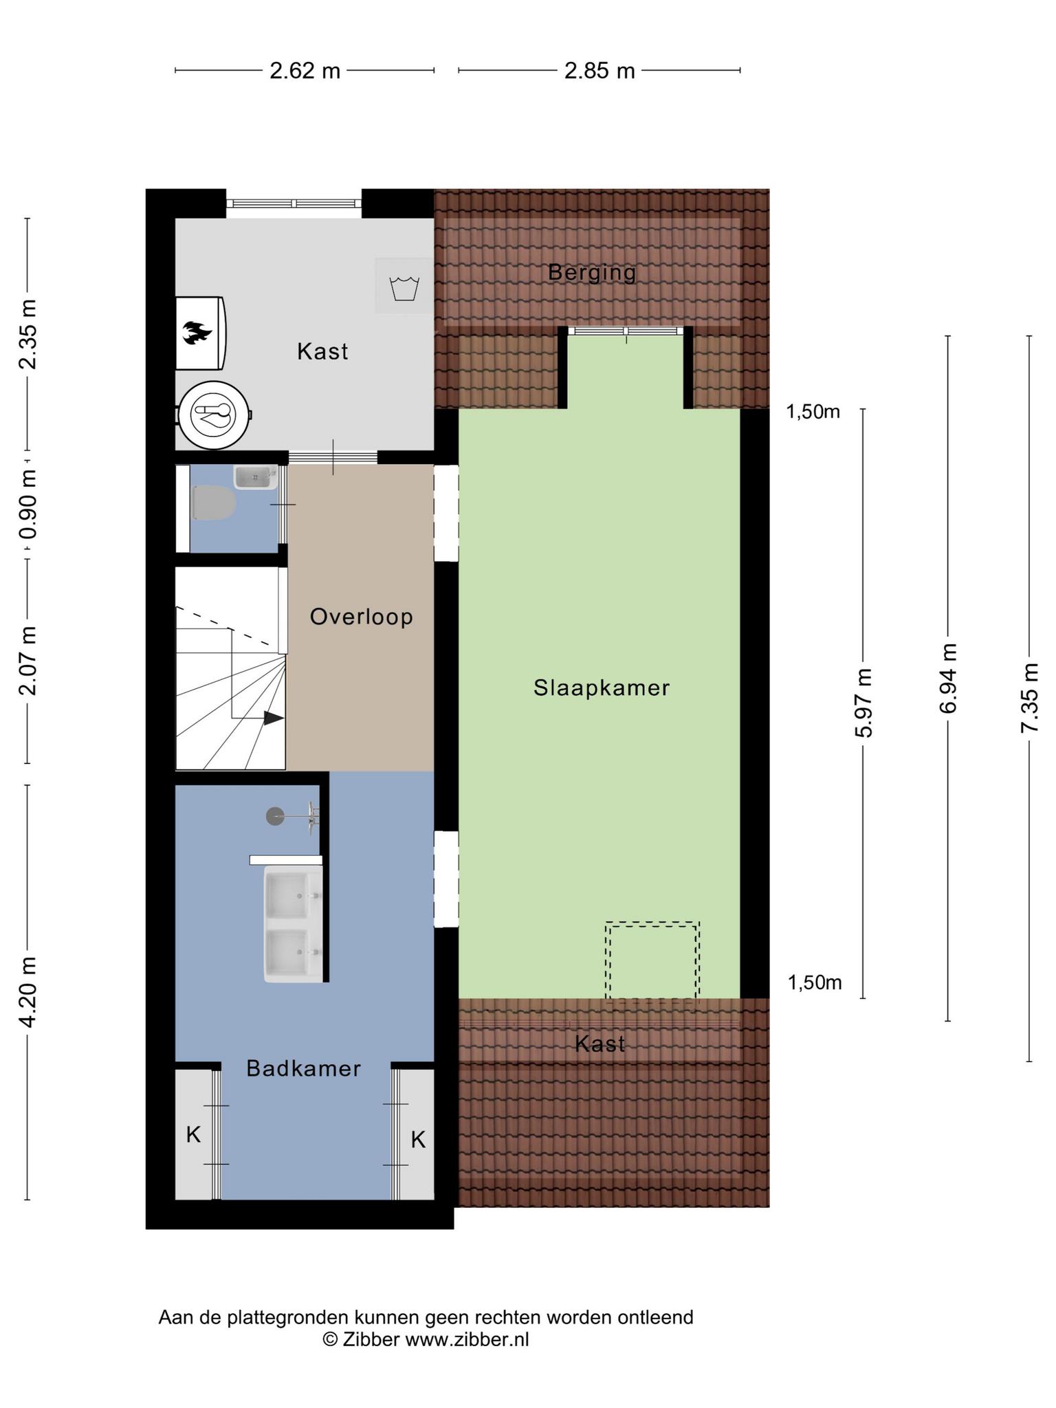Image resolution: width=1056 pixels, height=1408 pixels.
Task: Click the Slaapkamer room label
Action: [x=602, y=687]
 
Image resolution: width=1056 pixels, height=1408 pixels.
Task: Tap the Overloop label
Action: [x=362, y=617]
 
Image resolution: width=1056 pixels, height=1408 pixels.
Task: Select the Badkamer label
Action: [x=303, y=1068]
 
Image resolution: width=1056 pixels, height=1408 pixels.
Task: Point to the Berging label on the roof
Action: [x=592, y=272]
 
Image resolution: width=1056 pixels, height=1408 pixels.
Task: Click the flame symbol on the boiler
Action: [x=197, y=333]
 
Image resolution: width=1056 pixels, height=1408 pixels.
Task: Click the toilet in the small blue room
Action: [x=214, y=503]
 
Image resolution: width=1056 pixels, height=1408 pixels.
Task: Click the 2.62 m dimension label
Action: [x=305, y=70]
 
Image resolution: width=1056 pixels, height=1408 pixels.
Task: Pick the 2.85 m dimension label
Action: [x=599, y=70]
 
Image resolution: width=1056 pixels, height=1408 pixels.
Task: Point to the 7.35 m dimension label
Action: [x=1028, y=698]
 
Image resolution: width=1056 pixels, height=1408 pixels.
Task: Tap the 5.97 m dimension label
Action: [x=863, y=703]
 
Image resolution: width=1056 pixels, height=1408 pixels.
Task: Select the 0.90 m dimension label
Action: [x=27, y=505]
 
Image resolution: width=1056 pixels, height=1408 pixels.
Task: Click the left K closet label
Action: [x=193, y=1134]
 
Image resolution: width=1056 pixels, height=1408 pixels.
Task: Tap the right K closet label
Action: [x=418, y=1140]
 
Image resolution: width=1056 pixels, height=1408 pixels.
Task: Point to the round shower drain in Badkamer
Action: [x=275, y=816]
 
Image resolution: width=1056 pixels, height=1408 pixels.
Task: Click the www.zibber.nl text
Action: [x=467, y=1339]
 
